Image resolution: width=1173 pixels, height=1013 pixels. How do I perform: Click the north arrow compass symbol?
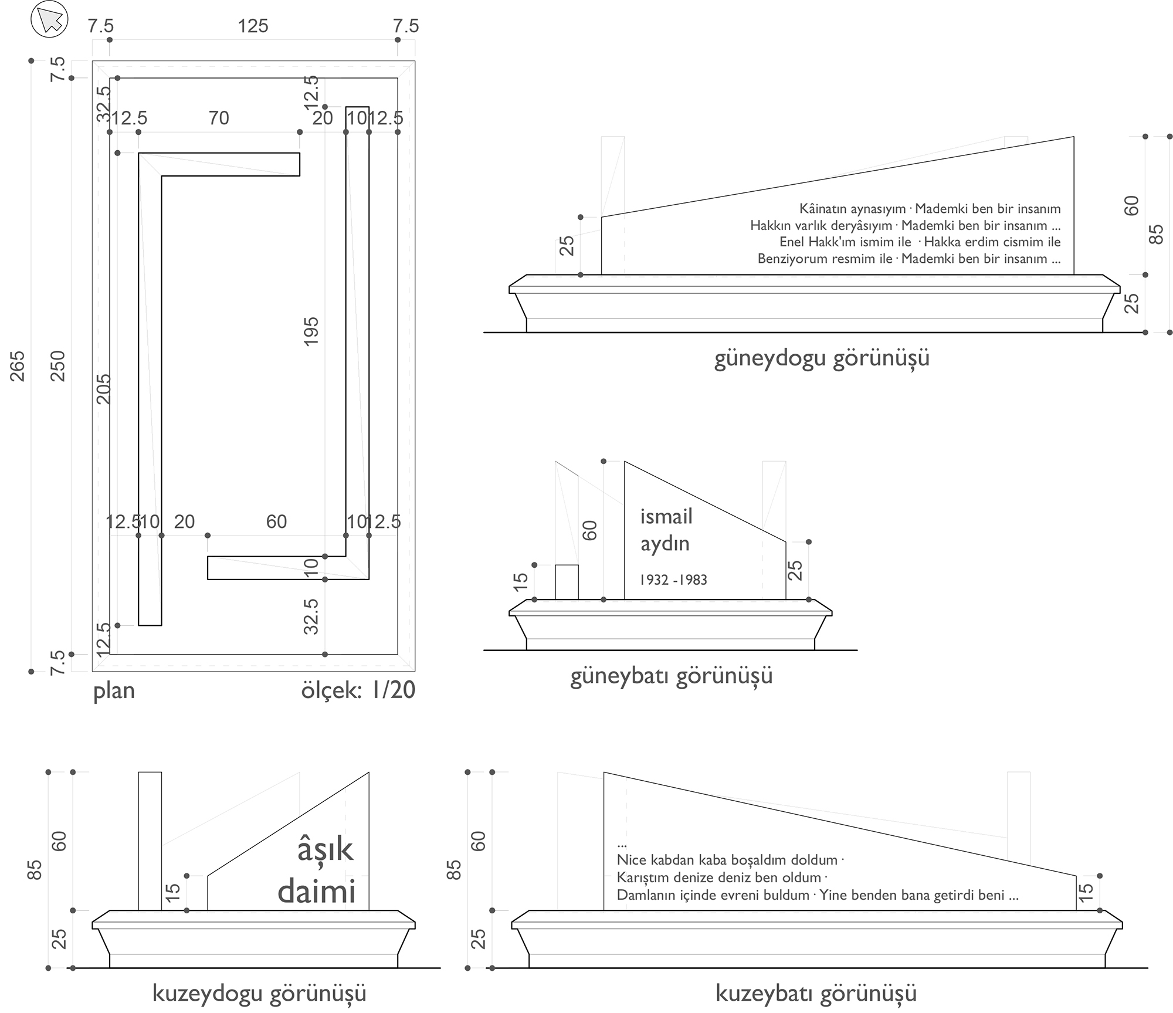[49, 20]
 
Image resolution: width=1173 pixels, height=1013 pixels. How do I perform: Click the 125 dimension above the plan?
[253, 26]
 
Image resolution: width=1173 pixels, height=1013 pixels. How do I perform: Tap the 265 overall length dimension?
[18, 365]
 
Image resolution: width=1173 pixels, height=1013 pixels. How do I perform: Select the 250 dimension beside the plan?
[58, 365]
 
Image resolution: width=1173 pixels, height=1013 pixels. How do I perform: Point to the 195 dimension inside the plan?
[311, 331]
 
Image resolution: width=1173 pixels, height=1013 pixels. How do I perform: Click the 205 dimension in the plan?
[103, 388]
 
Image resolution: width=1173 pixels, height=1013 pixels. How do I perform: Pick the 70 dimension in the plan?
[219, 118]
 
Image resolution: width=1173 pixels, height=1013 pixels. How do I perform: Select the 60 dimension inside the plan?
[276, 521]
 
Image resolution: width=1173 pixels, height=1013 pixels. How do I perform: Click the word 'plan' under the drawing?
[114, 690]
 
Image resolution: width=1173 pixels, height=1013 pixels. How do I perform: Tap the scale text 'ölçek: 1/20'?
[358, 690]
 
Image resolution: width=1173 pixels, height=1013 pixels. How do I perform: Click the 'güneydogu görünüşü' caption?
[822, 358]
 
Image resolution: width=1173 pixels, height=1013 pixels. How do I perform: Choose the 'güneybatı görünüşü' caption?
[671, 676]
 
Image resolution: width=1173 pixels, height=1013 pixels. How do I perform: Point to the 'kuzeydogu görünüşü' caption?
[259, 993]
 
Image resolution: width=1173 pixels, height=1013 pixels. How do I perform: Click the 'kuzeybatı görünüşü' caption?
[816, 993]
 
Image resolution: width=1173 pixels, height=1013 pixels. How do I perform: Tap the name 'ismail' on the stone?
[666, 517]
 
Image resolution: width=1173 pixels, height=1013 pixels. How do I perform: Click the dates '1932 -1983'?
[673, 580]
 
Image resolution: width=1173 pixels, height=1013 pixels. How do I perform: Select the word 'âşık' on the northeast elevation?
[325, 849]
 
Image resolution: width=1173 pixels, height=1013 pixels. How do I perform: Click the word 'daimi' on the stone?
[317, 891]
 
